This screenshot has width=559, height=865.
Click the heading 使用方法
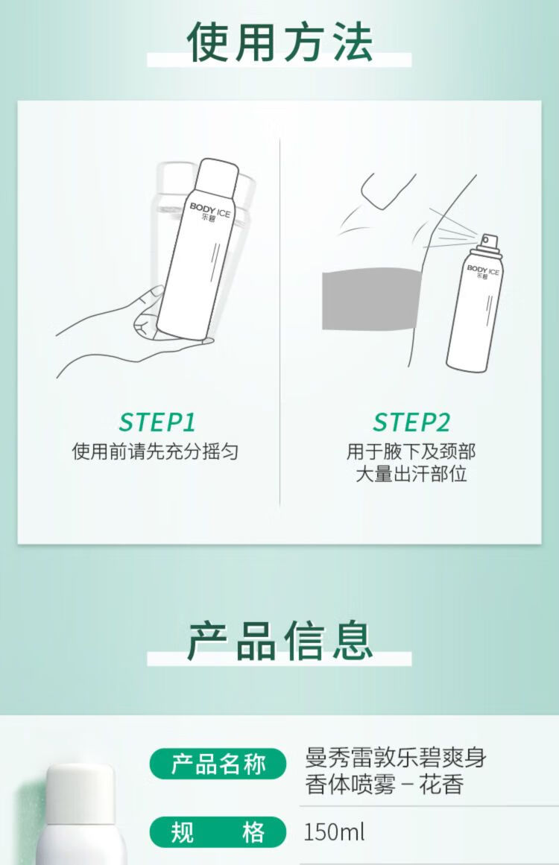[x=279, y=42]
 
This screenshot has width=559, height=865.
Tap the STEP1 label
[x=157, y=422]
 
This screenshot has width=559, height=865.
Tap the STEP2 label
[x=411, y=422]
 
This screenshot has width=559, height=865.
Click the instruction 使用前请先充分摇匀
[x=155, y=451]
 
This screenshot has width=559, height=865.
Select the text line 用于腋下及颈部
[x=411, y=451]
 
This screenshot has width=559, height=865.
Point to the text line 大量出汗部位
[x=411, y=474]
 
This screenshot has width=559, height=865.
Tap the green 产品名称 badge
[x=218, y=764]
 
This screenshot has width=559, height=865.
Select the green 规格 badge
[x=218, y=832]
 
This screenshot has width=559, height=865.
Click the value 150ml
[x=335, y=832]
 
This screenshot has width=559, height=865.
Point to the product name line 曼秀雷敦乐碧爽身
[x=395, y=758]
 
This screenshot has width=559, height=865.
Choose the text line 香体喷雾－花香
[x=384, y=784]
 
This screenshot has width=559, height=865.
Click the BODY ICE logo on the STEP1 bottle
[x=209, y=212]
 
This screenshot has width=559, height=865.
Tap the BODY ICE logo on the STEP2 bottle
[x=482, y=272]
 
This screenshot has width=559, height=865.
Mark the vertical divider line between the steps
[x=279, y=322]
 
